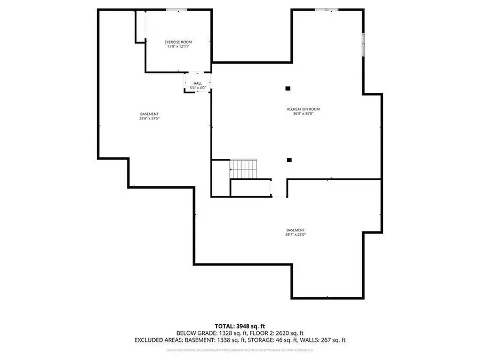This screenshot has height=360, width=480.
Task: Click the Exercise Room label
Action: click(178, 42)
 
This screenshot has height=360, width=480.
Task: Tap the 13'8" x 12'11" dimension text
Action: click(178, 46)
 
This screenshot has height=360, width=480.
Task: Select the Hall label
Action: click(197, 83)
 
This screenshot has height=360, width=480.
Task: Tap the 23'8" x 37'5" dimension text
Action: click(149, 118)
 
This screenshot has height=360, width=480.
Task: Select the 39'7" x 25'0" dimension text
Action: click(295, 234)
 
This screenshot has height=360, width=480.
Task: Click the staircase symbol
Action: click(243, 169)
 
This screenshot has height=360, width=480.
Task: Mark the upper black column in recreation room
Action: click(288, 88)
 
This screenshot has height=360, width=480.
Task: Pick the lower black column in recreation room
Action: click(289, 159)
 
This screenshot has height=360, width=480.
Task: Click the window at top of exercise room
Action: click(176, 10)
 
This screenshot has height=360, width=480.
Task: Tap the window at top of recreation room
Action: click(326, 10)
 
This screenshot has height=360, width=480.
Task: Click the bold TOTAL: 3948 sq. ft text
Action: click(239, 325)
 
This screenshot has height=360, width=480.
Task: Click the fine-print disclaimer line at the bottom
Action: click(239, 350)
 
